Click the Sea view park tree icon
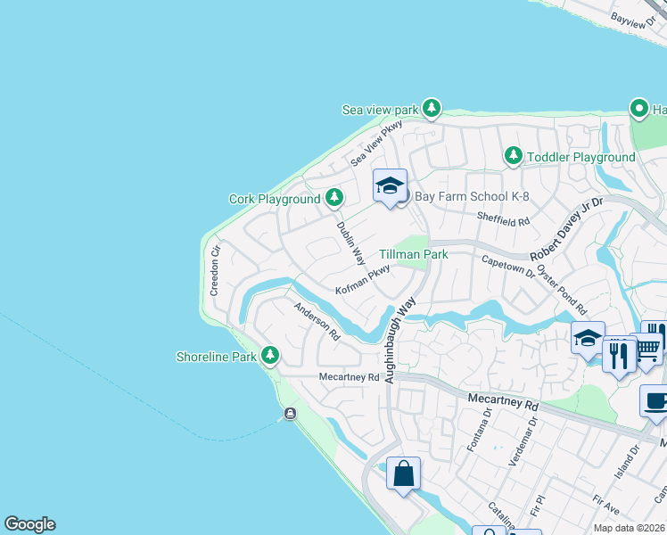[x=432, y=109]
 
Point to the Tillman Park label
[x=413, y=255]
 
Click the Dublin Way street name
[x=351, y=242]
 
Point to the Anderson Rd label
[x=317, y=322]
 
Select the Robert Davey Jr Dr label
[x=568, y=229]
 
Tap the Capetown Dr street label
[x=507, y=265]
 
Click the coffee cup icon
[x=655, y=401]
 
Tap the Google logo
[x=29, y=524]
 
